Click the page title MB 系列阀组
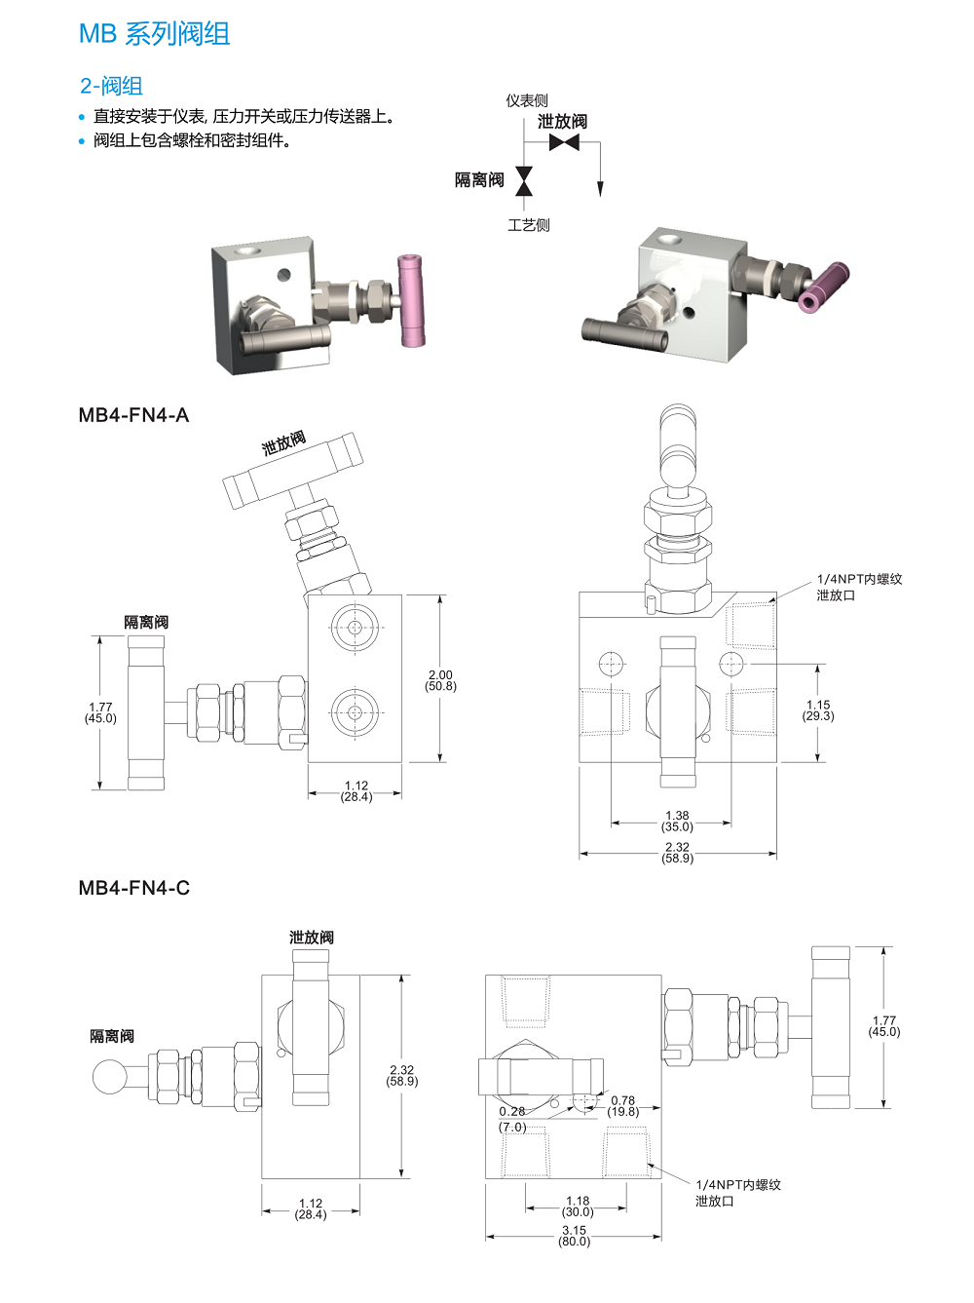coord(154,34)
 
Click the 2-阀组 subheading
coord(111,86)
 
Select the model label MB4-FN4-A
coord(133,415)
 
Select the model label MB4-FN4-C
coord(133,888)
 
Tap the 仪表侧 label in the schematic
coord(526,100)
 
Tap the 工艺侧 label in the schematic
coord(528,225)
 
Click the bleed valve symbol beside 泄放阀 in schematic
coord(564,142)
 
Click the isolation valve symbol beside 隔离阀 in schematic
coord(524,180)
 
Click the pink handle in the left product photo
coord(411,300)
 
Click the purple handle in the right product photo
coord(823,288)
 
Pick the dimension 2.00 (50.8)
coord(440,680)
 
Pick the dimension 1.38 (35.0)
coord(677,822)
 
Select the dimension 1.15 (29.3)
coord(818,710)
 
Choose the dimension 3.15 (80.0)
coord(574,1236)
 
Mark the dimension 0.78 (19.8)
coord(623,1106)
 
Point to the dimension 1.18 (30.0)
coord(578,1207)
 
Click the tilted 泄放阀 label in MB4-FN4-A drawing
coord(283,443)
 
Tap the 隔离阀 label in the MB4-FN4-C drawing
coord(112,1036)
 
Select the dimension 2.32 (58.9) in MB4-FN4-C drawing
coord(402,1075)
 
